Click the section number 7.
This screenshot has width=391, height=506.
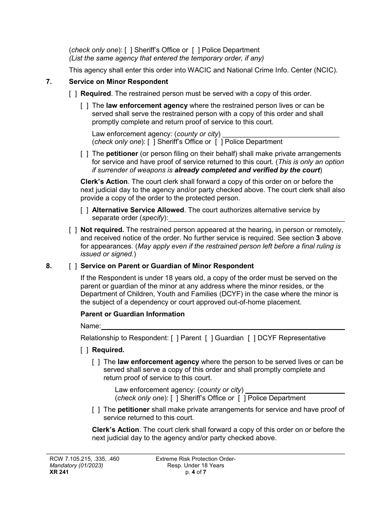tap(49, 81)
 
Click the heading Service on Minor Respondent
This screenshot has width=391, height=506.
tap(119, 81)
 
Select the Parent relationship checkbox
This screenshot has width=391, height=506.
tap(175, 338)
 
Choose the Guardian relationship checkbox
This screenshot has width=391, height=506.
tap(209, 338)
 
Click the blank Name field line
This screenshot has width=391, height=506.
tap(222, 327)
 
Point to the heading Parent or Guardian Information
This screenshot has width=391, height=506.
tap(133, 314)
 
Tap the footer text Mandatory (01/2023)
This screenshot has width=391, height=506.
tap(74, 466)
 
